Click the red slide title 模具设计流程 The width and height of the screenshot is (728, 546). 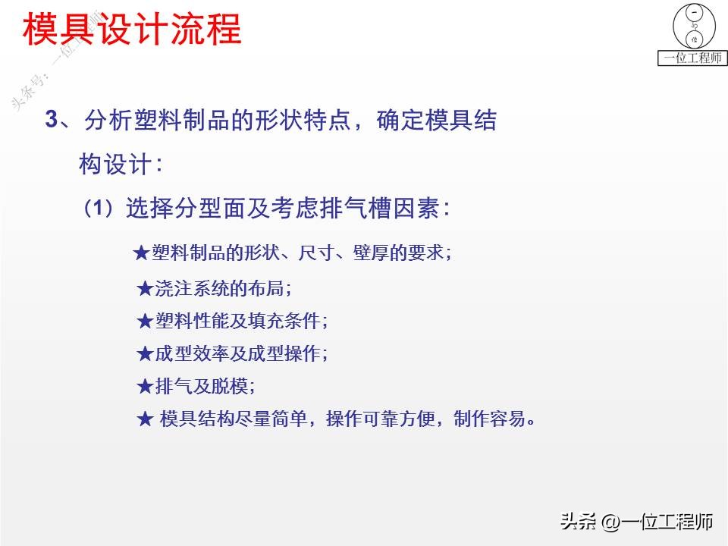pos(132,29)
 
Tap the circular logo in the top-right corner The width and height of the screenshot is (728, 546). pos(694,26)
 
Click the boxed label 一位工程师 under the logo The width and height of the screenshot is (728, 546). pos(692,58)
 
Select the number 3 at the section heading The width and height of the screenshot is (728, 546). pos(51,119)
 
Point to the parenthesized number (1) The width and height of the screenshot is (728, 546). pos(99,208)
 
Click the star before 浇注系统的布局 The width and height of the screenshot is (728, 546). pos(145,289)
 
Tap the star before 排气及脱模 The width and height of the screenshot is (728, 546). pos(145,386)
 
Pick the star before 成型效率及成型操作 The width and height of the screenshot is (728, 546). pos(145,354)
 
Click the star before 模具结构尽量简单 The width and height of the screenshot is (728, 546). pos(145,419)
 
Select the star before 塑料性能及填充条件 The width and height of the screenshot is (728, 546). pos(145,322)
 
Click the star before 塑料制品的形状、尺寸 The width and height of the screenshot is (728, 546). pos(141,253)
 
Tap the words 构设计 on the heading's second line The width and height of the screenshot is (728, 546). pos(115,164)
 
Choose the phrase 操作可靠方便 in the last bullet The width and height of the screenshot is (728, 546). pos(381,419)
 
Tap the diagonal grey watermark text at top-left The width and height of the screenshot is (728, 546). pos(55,61)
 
